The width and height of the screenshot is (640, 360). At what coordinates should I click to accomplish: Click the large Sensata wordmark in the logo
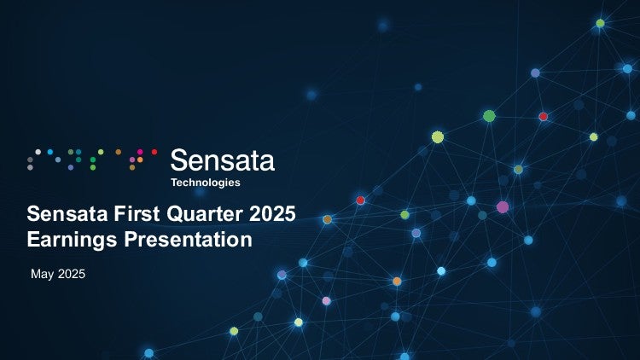click(223, 160)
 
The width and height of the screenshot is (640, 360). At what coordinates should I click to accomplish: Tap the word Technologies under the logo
click(206, 183)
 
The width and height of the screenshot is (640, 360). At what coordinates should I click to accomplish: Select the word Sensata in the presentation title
click(67, 213)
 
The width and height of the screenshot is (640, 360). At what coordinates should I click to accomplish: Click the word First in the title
click(137, 213)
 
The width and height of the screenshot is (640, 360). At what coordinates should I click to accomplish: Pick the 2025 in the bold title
click(272, 213)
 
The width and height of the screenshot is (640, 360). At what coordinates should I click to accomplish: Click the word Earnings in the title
click(72, 240)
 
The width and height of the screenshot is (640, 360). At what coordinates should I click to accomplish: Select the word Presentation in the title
click(189, 239)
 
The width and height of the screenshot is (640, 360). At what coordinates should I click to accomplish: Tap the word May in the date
click(42, 274)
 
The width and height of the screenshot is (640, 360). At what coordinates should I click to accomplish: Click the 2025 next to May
click(72, 274)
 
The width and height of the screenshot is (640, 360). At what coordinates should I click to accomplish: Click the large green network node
click(489, 116)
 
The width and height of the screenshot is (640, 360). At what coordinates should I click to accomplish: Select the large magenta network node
click(503, 207)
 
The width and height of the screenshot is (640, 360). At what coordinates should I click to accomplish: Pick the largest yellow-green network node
click(438, 137)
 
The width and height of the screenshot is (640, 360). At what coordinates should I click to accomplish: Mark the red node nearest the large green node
click(543, 117)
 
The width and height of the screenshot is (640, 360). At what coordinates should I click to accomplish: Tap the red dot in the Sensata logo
click(154, 152)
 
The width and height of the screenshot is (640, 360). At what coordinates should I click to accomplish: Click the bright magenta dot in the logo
click(140, 152)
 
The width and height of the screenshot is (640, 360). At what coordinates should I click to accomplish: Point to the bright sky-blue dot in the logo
click(50, 152)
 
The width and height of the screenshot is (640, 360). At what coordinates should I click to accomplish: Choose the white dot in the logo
click(38, 152)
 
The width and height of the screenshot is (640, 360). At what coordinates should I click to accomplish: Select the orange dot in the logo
click(140, 160)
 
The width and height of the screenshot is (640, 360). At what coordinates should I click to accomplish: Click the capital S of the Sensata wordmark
click(178, 160)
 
